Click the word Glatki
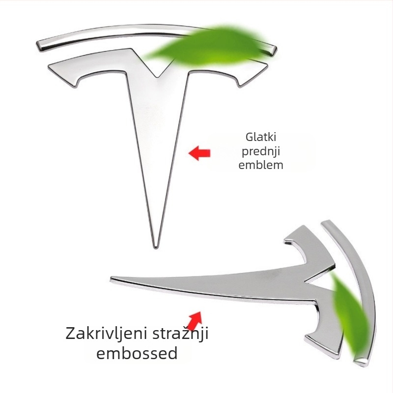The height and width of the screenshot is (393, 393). click(x=261, y=137)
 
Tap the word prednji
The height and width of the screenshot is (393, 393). click(x=261, y=152)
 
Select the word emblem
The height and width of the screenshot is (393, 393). click(x=261, y=165)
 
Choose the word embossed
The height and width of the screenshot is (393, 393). click(x=137, y=353)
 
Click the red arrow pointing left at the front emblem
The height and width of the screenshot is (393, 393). click(x=199, y=153)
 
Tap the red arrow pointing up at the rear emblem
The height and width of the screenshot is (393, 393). click(x=195, y=321)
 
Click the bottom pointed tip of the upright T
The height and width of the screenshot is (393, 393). click(x=156, y=248)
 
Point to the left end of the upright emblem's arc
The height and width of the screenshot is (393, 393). click(x=38, y=46)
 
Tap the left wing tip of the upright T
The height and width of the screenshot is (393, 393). click(x=49, y=66)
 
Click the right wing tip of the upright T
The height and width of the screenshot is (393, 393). click(x=267, y=66)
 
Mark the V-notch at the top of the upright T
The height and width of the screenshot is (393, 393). click(x=158, y=77)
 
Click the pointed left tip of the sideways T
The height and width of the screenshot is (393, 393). click(x=111, y=278)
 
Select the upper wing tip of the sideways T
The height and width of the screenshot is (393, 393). click(x=304, y=226)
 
